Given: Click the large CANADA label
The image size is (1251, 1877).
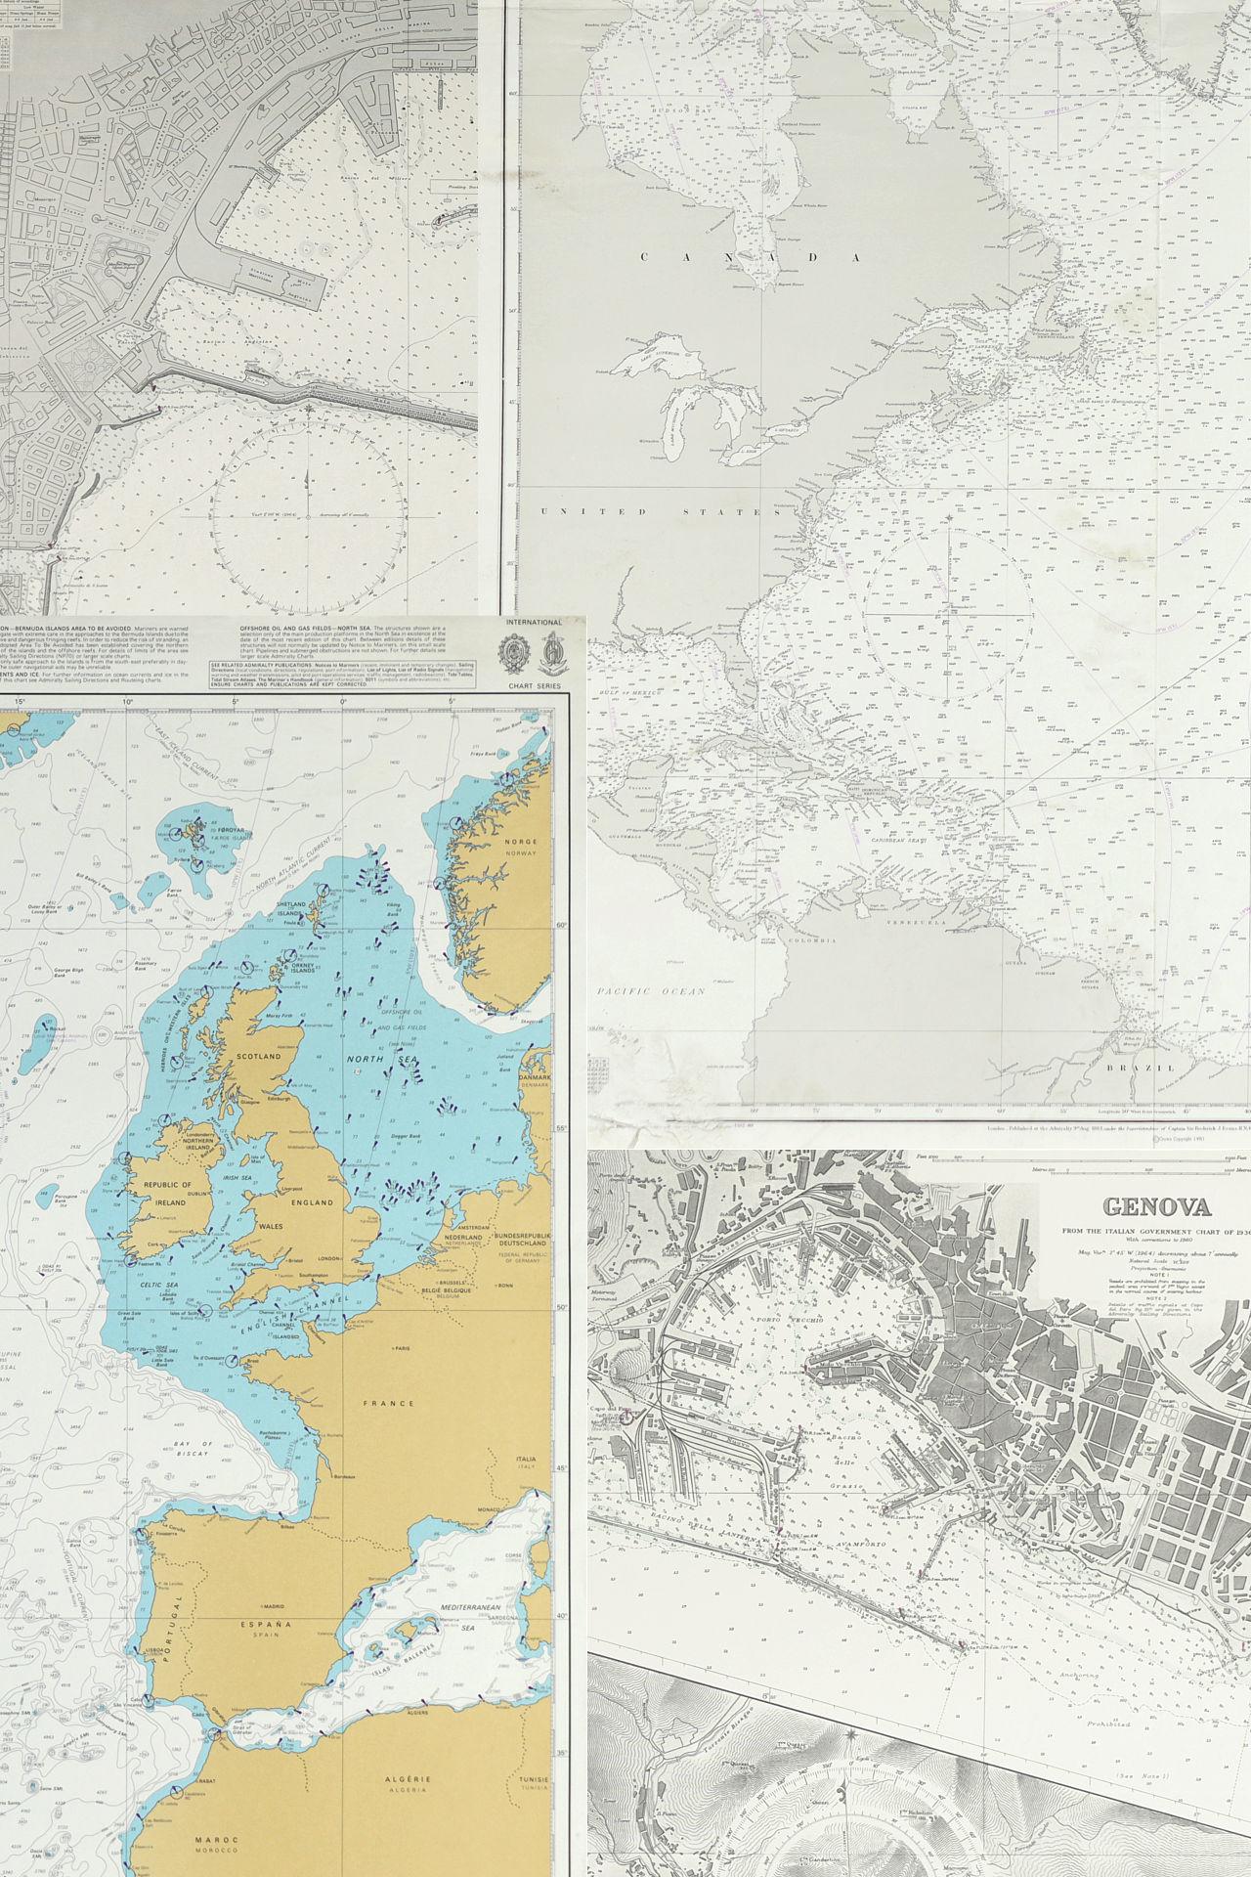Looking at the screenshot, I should click(x=749, y=258).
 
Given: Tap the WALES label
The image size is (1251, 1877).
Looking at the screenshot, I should click(x=272, y=1225).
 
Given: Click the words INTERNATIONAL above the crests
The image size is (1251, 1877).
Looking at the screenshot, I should click(x=535, y=622).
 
